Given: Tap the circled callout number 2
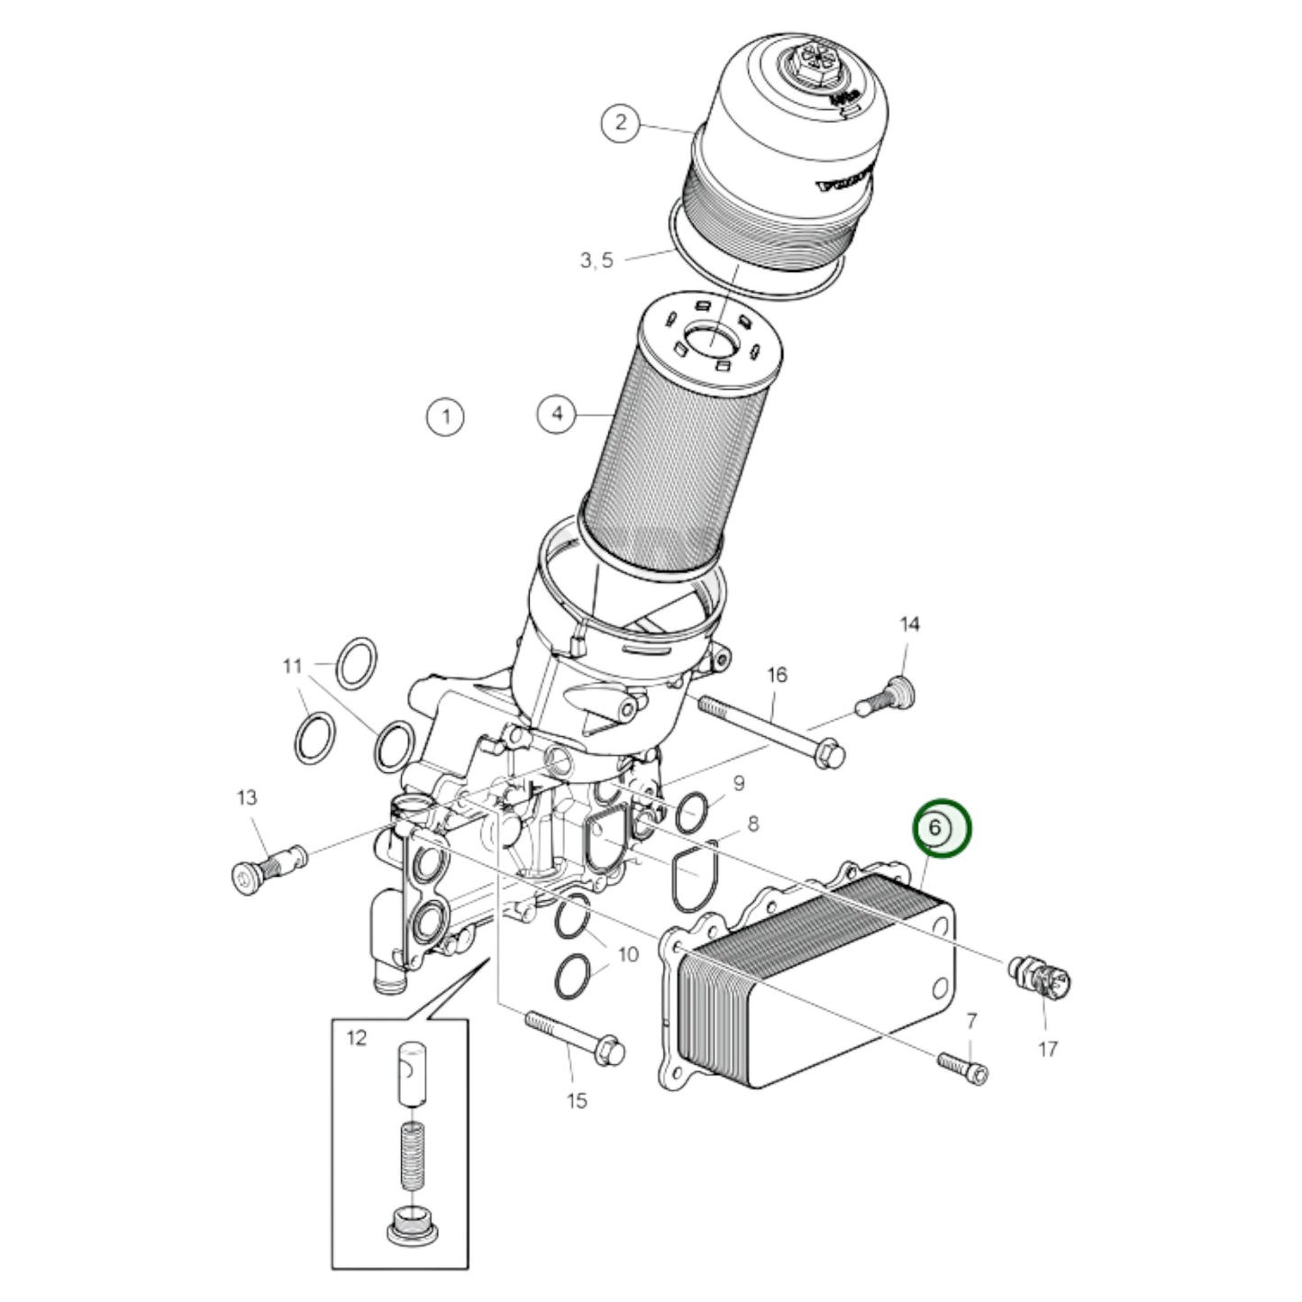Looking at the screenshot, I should point(620,123).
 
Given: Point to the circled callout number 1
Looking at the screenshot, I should point(444,416).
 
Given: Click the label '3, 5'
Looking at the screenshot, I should point(596,260).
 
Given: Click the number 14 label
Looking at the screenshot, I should point(910,624).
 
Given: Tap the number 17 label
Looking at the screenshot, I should point(1047,1049).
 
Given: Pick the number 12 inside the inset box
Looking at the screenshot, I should point(357,1038).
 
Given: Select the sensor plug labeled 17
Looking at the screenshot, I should point(1043,977).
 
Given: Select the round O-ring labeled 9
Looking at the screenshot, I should point(691,812).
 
